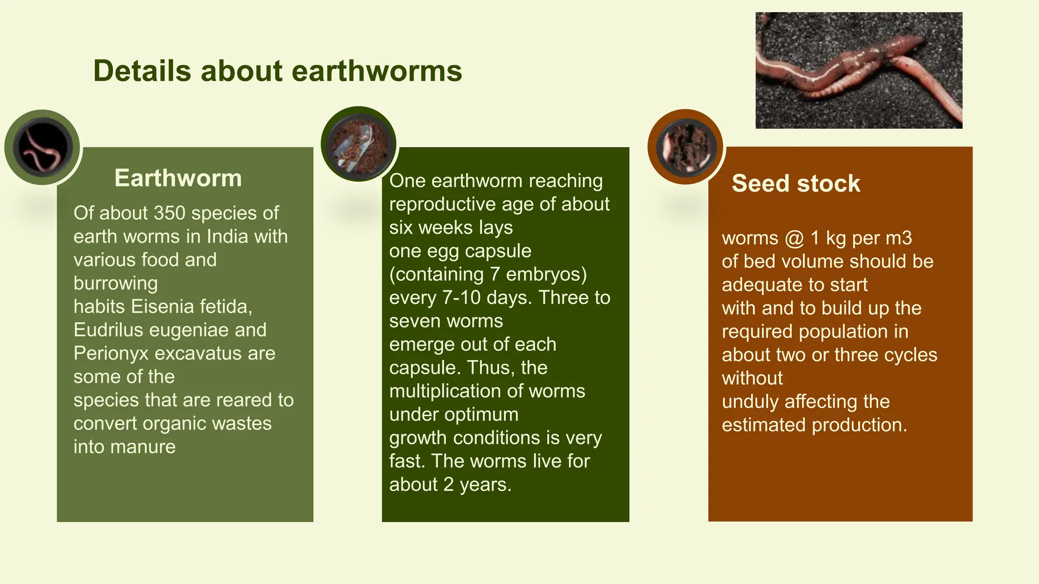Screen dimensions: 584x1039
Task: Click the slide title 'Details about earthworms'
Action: click(x=278, y=70)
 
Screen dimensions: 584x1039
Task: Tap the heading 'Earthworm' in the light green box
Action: click(x=178, y=178)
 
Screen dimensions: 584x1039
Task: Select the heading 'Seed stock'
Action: click(x=795, y=183)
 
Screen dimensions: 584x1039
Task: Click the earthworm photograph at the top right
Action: click(x=858, y=70)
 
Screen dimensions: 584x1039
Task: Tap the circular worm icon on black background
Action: click(x=43, y=147)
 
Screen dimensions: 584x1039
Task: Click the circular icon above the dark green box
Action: click(x=359, y=144)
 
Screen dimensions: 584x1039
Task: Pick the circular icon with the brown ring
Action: click(x=685, y=147)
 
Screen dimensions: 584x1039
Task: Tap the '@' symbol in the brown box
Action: click(x=794, y=238)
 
